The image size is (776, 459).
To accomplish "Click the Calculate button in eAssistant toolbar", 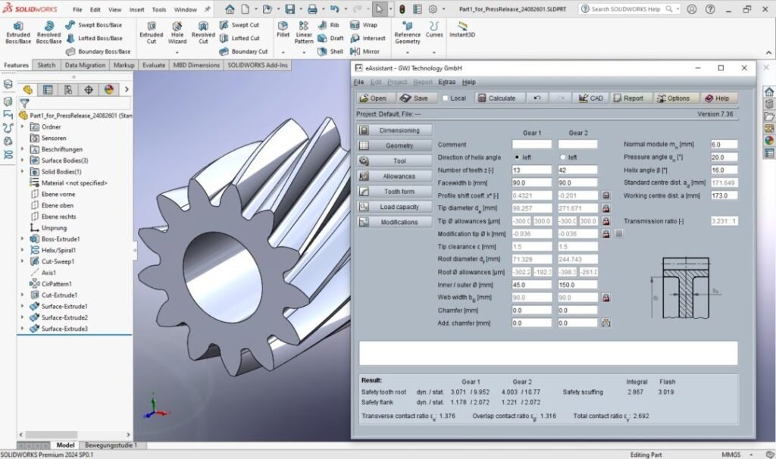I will [496, 98].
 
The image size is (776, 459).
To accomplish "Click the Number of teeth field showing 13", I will [531, 170].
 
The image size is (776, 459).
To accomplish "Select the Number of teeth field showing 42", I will [577, 170].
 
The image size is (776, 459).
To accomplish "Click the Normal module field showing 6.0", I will [723, 144].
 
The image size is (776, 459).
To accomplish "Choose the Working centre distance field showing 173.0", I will [723, 195].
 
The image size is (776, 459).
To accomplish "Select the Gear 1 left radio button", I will [518, 157].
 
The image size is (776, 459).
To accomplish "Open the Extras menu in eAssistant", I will [446, 82].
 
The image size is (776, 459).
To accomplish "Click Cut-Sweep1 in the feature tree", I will [57, 261].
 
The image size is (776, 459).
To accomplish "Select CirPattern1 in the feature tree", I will [57, 283].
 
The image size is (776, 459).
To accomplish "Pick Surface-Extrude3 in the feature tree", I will [64, 329].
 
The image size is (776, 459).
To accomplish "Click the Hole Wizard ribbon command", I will [177, 34].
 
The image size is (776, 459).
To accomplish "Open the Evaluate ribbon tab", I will [153, 65].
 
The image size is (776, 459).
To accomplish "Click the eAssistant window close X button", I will [743, 67].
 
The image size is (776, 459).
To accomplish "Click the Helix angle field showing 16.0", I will [723, 170].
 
